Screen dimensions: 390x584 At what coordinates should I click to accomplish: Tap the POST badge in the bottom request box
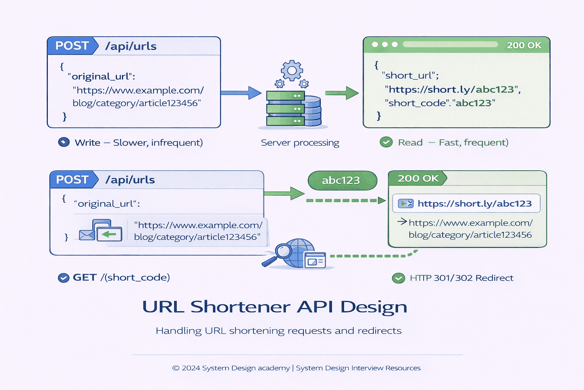point(72,179)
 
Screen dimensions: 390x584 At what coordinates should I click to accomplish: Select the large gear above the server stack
point(292,70)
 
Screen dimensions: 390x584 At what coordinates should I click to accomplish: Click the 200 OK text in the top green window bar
point(524,45)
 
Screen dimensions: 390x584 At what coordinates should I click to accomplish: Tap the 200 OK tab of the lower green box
point(417,178)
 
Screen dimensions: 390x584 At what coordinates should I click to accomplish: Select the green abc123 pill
point(342,180)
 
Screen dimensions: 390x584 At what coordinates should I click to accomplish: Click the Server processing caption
point(300,143)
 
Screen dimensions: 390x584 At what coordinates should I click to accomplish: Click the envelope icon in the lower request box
point(87,235)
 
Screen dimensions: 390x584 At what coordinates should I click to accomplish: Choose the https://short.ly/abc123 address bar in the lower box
point(466,204)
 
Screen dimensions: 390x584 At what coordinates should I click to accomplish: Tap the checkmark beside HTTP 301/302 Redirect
point(398,278)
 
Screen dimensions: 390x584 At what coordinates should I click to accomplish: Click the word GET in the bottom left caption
point(84,278)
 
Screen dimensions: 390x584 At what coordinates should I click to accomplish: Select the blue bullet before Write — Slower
point(64,142)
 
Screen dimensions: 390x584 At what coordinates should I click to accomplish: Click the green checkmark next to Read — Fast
point(386,142)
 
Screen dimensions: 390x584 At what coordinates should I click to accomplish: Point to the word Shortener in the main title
point(240,307)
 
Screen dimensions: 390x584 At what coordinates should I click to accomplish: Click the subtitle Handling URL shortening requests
point(278,331)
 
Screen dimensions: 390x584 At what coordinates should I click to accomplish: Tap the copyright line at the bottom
point(296,368)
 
